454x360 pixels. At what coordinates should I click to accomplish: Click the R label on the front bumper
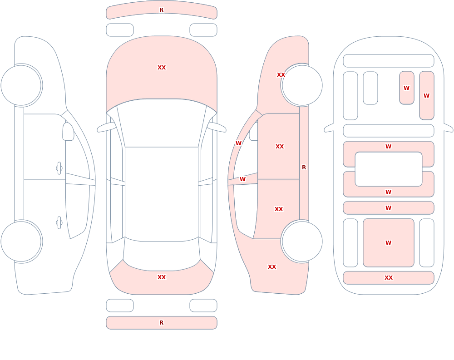coord(161,10)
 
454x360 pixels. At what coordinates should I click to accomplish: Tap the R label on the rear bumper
coord(161,323)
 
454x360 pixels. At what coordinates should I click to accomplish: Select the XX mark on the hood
coord(162,68)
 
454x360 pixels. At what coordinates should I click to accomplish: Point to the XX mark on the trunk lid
coord(162,277)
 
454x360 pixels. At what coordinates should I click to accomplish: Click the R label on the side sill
coord(304,168)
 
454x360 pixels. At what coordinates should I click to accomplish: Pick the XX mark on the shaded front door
coord(279,147)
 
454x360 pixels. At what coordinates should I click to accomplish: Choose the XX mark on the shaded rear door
coord(279,209)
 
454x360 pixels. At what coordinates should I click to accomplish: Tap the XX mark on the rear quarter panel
coord(271,267)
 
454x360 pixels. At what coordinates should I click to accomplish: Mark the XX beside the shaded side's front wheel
coord(281,75)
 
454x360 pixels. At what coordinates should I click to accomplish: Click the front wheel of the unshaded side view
coord(21,85)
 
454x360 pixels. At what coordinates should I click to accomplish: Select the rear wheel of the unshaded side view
coord(21,242)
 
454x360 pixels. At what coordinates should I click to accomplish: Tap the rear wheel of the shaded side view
coord(302,242)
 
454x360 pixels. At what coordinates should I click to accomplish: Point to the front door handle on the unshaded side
coord(59,168)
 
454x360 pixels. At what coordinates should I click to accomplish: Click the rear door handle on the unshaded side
coord(59,223)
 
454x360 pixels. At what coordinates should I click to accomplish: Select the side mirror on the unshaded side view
coord(68,132)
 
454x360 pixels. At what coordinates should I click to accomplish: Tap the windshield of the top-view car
coord(162,123)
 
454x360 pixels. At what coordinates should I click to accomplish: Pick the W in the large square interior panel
coord(388,243)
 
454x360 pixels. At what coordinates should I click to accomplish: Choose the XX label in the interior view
coord(388,278)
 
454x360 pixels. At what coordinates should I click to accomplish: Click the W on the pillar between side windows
coord(242,179)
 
